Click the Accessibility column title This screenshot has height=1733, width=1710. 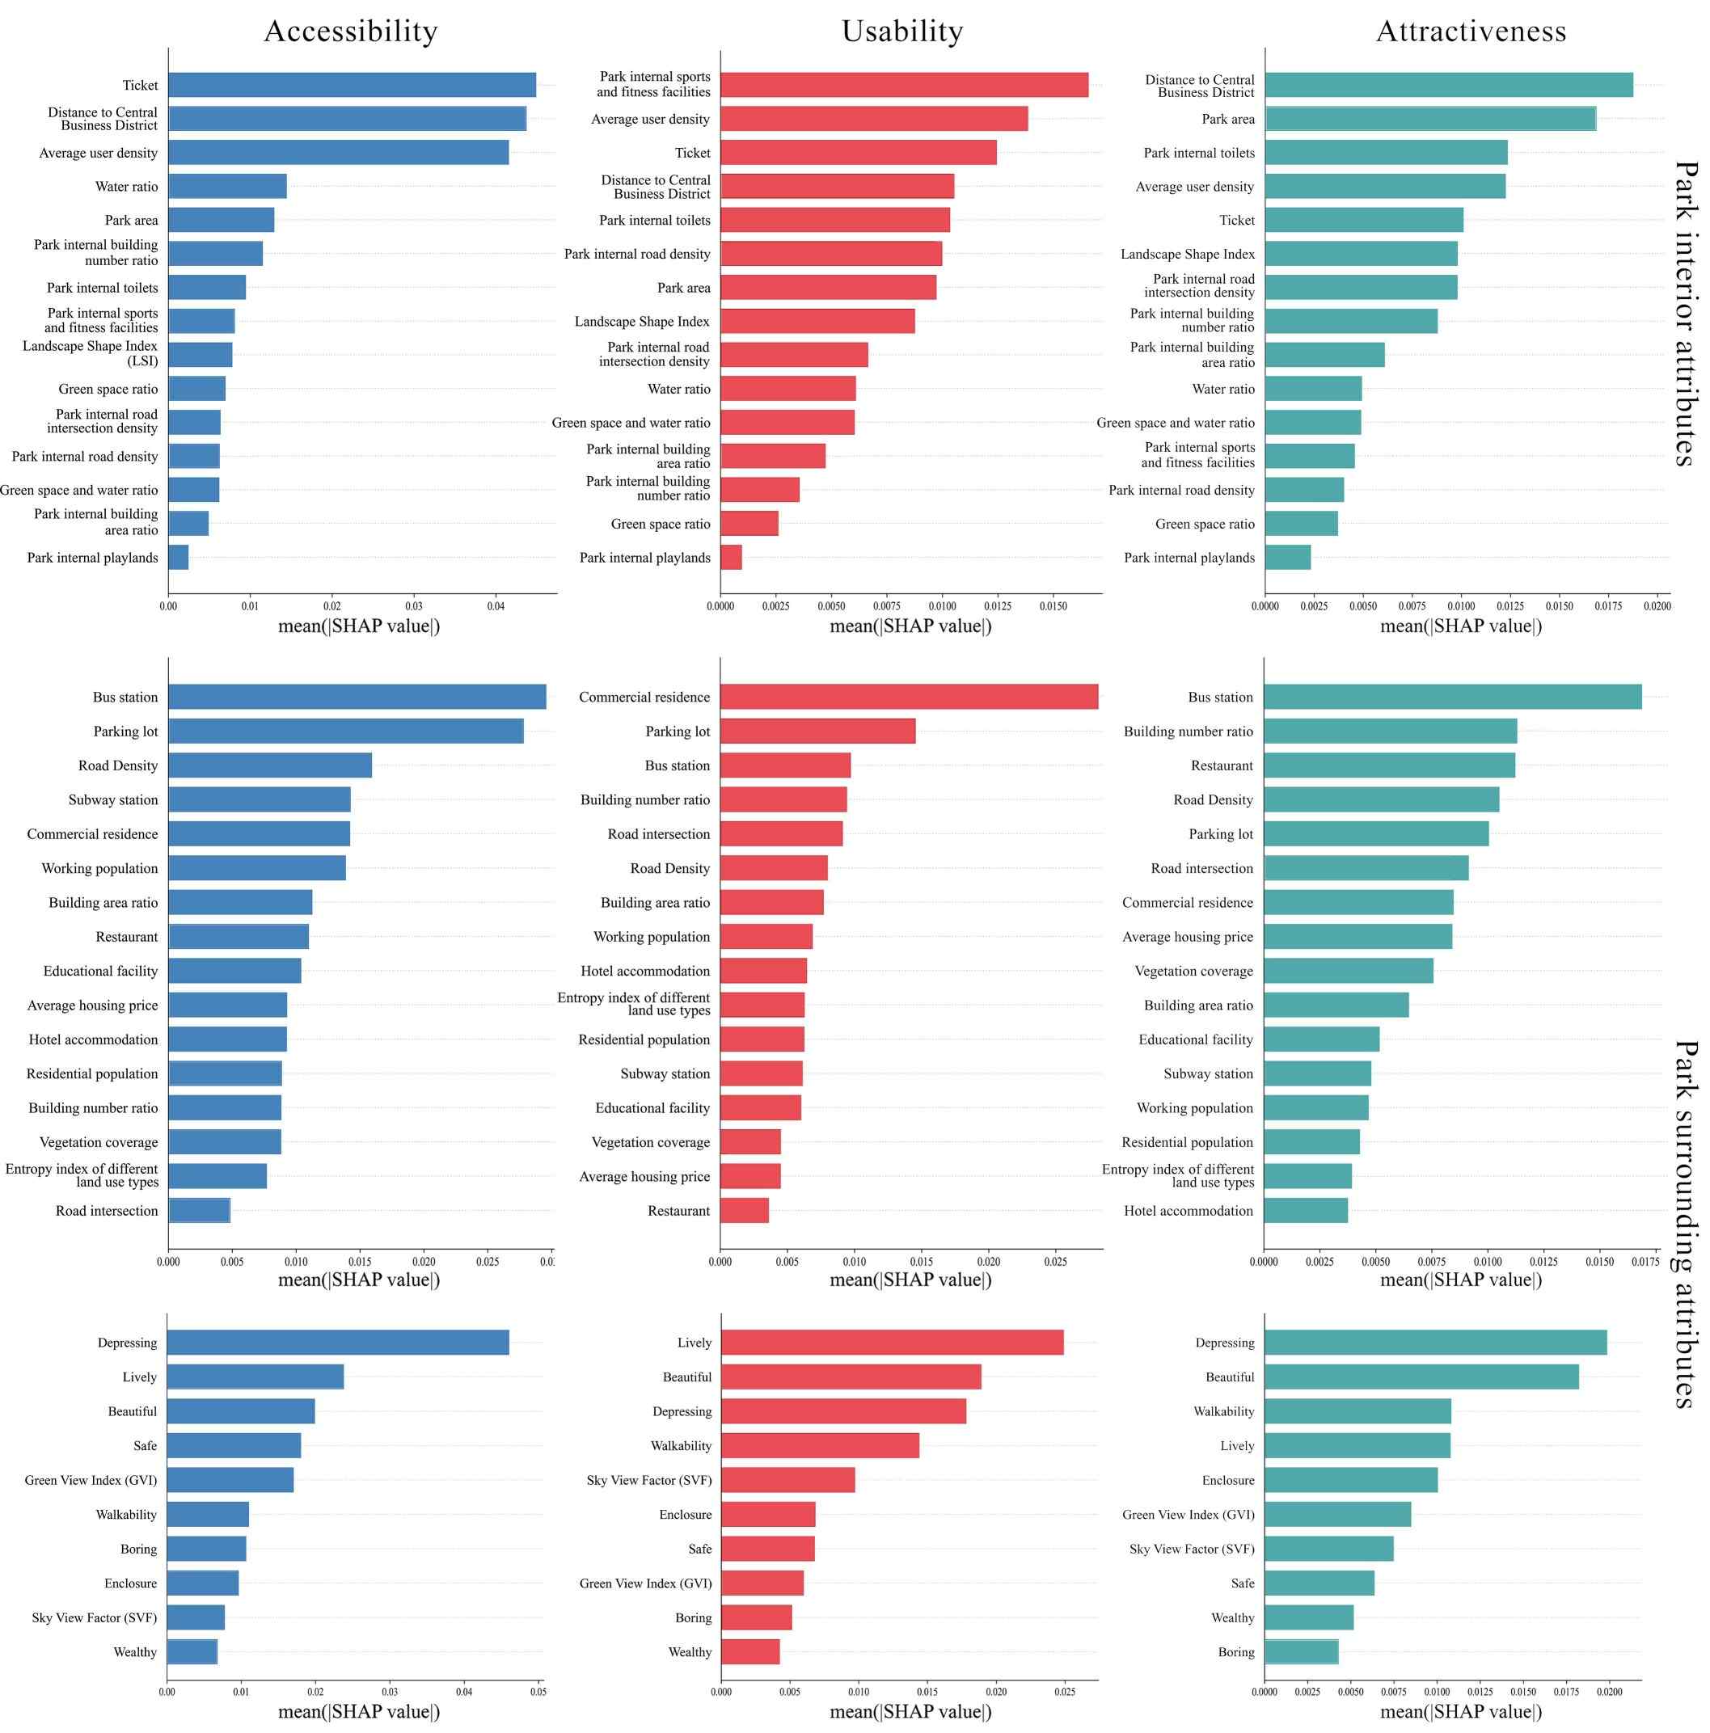[351, 32]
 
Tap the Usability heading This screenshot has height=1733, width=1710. [901, 32]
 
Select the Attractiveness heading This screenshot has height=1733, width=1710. [1471, 32]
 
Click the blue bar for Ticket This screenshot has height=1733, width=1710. [352, 85]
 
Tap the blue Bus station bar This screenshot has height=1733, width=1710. [357, 697]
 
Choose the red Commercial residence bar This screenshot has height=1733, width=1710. [909, 697]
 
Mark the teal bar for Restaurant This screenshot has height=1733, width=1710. [1389, 765]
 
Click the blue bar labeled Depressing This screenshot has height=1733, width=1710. [338, 1343]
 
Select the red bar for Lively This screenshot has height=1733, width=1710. [892, 1343]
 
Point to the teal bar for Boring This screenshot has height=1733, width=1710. [1301, 1651]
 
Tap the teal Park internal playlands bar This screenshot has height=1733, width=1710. [1287, 558]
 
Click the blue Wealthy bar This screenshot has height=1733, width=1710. [192, 1651]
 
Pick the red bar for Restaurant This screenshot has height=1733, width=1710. [744, 1211]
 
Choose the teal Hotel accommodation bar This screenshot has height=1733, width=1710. [1306, 1211]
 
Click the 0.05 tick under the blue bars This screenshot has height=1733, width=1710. [538, 1692]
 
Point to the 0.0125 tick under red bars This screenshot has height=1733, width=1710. [998, 606]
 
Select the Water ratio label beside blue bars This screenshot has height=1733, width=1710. [126, 187]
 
